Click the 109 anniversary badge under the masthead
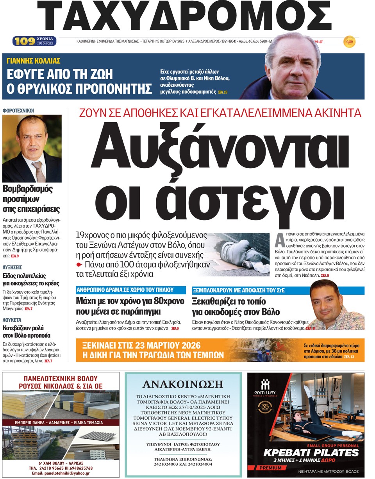click(35, 41)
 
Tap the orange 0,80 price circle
click(350, 41)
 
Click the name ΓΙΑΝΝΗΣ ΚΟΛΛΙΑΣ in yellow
click(34, 61)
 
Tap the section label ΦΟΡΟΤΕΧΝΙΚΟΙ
click(18, 111)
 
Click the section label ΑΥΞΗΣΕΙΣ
click(12, 267)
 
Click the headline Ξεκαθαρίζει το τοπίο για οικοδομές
click(236, 306)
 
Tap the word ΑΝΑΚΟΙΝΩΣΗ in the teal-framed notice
click(183, 385)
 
